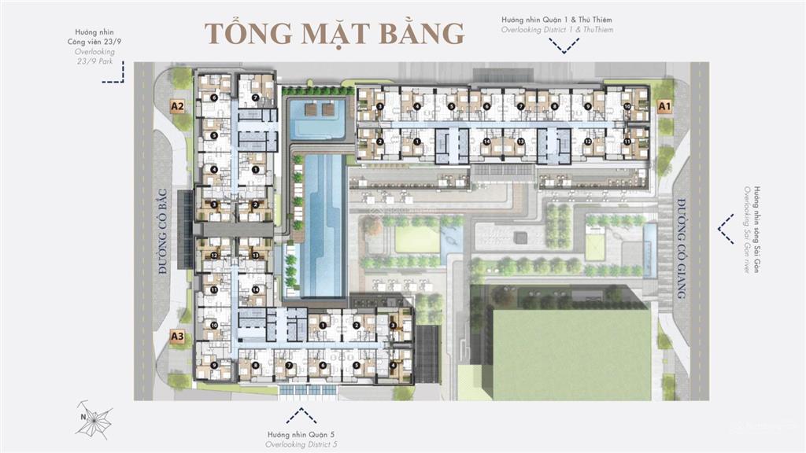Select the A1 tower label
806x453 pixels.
(x=664, y=105)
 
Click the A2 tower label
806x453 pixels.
(x=178, y=105)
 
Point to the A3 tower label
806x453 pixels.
(x=178, y=337)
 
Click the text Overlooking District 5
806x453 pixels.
(x=296, y=444)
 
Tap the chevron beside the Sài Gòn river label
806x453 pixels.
(x=725, y=229)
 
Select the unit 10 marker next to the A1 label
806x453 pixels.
(x=627, y=106)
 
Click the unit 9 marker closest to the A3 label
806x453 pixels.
(x=214, y=365)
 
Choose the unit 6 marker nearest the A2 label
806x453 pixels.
(x=214, y=98)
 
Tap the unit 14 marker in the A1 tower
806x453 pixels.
(x=487, y=142)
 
